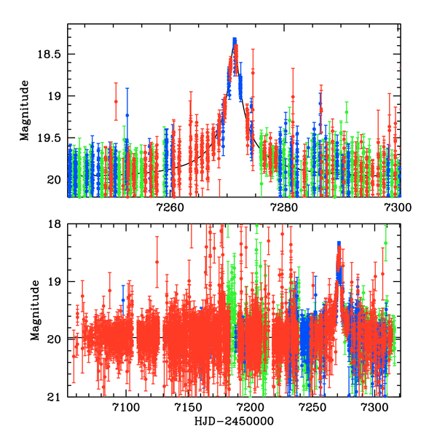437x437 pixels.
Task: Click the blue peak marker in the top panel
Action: coord(235,41)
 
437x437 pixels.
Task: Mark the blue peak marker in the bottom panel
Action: coord(339,244)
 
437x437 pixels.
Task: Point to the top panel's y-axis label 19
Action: coord(55,95)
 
